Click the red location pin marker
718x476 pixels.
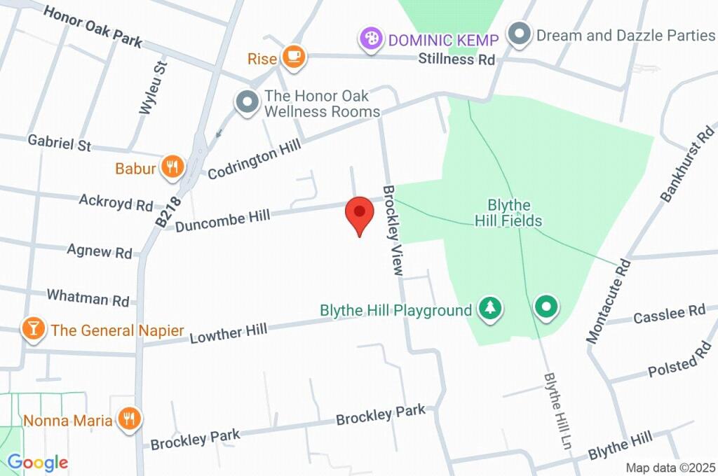click(x=360, y=213)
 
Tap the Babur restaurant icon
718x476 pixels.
click(x=172, y=167)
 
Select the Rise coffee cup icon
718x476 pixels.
click(x=294, y=57)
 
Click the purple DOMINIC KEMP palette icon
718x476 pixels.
click(x=370, y=39)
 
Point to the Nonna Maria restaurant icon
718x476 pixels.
click(x=129, y=419)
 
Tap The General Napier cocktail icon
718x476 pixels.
click(x=32, y=329)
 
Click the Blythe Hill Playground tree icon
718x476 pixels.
click(x=491, y=307)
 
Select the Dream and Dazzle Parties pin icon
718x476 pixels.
click(x=519, y=34)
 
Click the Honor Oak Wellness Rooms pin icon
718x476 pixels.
click(x=247, y=103)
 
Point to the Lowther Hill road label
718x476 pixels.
click(x=229, y=333)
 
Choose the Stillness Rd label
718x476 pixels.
click(x=456, y=59)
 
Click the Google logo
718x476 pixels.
click(x=37, y=462)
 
